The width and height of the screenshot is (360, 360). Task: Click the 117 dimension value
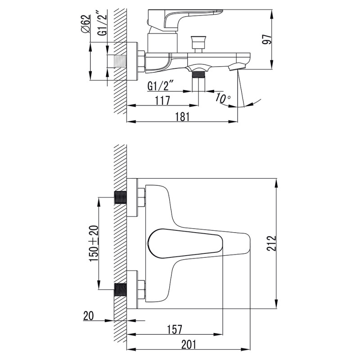(x=162, y=100)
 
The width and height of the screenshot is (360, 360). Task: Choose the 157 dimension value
(x=175, y=329)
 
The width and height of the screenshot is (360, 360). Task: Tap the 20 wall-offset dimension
(x=89, y=316)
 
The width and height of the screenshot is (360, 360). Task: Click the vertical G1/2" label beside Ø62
(x=103, y=24)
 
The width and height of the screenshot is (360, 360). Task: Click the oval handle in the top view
(x=184, y=244)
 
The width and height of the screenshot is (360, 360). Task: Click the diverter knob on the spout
(x=197, y=43)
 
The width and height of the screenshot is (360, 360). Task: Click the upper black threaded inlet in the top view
(x=121, y=198)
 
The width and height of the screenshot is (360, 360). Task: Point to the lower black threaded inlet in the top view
(x=121, y=289)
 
